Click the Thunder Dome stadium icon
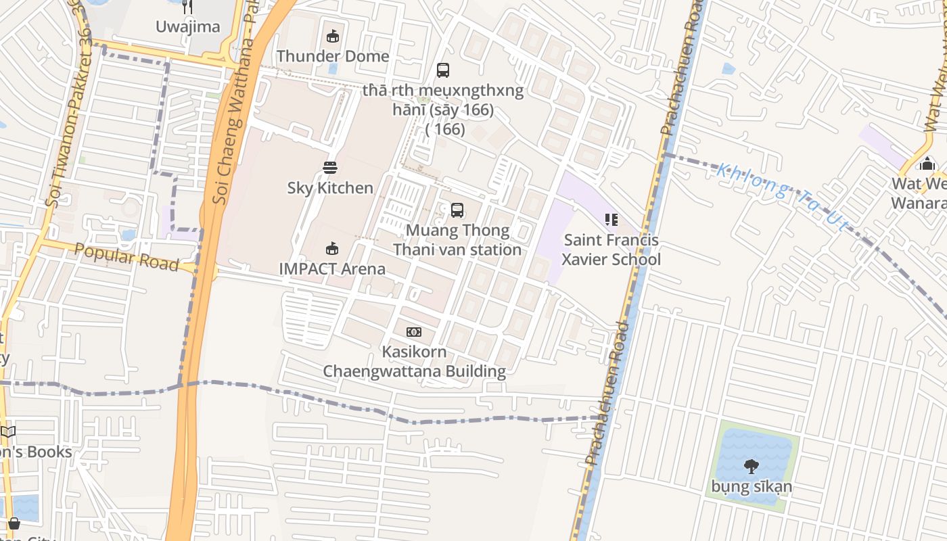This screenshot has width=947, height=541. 332,37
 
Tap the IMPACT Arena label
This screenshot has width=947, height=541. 332,268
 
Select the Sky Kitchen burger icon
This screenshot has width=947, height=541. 330,167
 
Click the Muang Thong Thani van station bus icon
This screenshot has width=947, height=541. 457,210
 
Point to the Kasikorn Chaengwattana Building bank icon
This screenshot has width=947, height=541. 414,331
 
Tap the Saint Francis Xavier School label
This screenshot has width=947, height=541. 611,250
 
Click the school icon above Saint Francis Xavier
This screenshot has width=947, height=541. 611,219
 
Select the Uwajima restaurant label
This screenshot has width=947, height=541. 188,26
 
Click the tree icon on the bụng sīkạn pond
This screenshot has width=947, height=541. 751,465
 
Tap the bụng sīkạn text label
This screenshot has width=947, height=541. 751,486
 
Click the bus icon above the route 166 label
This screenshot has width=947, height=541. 443,70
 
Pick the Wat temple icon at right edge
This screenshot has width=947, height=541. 927,163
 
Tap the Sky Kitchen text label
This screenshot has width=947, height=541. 330,187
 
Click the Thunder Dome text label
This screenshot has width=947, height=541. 332,56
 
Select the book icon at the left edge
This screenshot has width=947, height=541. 7,431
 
